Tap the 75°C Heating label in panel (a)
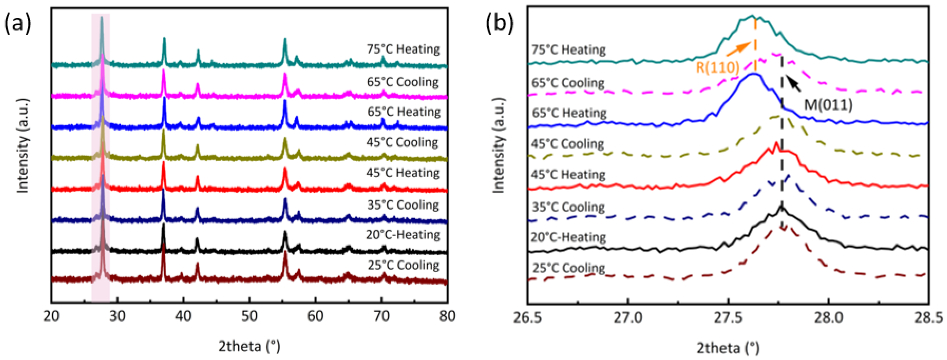pos(403,49)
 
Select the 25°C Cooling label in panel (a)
pos(403,265)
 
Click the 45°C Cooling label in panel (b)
pos(567,144)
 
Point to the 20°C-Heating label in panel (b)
pos(568,237)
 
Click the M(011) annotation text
pos(828,105)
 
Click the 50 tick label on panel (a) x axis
pos(249,316)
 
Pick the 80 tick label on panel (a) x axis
pos(447,316)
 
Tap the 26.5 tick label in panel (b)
pos(528,317)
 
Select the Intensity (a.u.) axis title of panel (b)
pos(499,145)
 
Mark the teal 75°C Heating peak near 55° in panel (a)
pos(285,39)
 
